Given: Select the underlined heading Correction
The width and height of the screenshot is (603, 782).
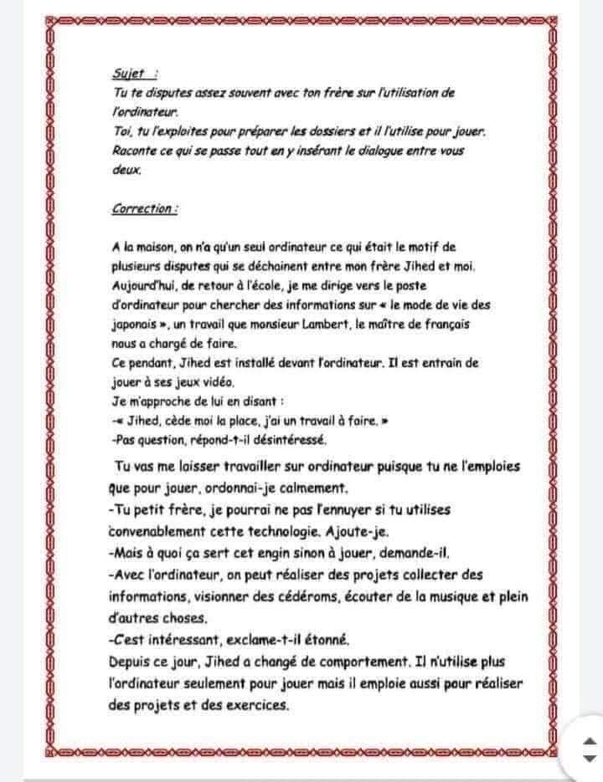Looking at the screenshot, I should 143,209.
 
